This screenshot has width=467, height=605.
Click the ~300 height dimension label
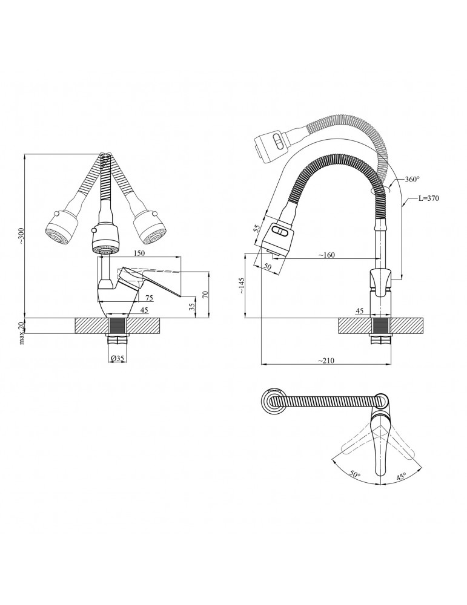[x=22, y=235]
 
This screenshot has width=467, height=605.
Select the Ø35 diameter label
[x=118, y=358]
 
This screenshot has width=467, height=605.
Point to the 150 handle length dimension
[x=139, y=253]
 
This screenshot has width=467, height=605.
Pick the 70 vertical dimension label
[x=205, y=294]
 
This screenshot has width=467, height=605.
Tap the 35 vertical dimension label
[x=192, y=309]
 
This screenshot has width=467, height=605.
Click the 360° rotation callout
[x=412, y=179]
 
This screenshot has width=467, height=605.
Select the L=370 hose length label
[x=429, y=198]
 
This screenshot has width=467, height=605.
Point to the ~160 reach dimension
[x=326, y=255]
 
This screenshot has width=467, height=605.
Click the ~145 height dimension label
[x=242, y=286]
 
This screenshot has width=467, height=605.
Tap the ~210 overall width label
[x=326, y=361]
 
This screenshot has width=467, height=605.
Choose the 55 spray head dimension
[x=256, y=228]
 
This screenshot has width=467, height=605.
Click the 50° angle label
[x=355, y=474]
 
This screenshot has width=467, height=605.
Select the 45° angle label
[x=400, y=477]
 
